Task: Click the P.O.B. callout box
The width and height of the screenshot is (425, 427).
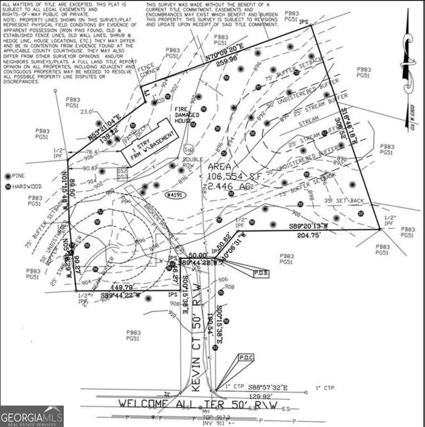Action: click(x=259, y=273)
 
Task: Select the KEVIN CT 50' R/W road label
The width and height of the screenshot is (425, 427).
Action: click(x=197, y=356)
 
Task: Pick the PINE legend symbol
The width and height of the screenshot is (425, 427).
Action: click(x=7, y=176)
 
